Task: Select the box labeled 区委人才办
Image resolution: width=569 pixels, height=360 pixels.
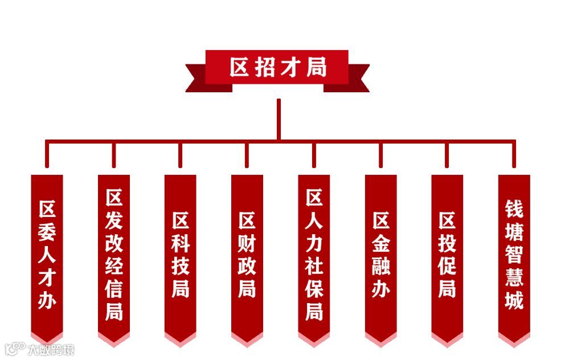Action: point(47,253)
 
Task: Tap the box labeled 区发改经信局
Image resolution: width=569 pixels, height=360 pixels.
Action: point(113,253)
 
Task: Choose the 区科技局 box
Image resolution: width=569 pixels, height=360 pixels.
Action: point(180,253)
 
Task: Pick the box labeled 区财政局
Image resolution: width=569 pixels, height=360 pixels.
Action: point(247,253)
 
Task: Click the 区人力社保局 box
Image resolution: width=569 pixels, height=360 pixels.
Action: point(314,253)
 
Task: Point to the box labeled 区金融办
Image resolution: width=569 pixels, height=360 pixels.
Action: point(380,253)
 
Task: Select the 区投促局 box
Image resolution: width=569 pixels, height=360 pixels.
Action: point(447,253)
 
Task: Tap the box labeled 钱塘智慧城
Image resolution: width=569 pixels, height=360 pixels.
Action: point(514,253)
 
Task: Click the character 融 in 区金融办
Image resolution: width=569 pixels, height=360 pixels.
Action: point(380,265)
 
